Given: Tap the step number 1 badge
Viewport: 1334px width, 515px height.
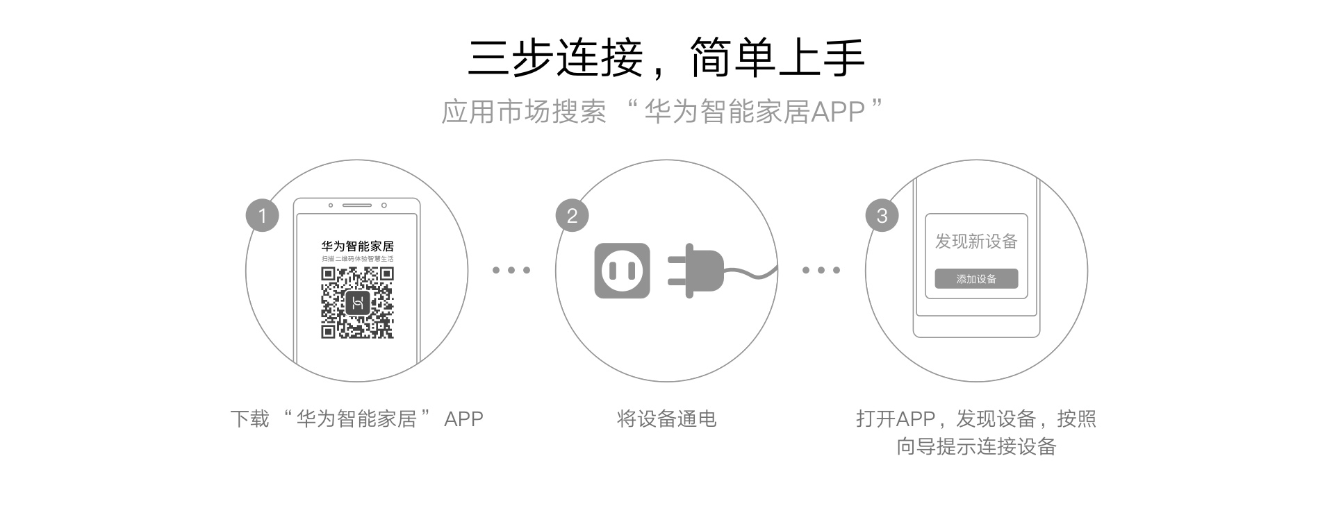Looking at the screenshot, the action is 263,216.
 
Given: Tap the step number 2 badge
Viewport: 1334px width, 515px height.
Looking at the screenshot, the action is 572,216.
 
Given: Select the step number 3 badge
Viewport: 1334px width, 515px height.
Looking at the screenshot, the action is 882,216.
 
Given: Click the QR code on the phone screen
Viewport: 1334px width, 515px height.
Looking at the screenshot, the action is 357,303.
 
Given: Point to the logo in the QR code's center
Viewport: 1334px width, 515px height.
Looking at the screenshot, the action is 357,303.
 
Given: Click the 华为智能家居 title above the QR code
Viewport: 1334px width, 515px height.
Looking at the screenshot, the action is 357,246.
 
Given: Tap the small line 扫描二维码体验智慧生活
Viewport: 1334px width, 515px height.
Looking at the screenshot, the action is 357,259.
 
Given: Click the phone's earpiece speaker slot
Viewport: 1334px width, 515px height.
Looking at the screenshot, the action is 356,205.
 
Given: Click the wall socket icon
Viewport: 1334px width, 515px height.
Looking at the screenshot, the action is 622,271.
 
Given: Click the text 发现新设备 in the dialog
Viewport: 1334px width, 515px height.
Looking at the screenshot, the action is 976,242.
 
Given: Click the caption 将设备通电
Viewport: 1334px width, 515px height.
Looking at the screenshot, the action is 666,419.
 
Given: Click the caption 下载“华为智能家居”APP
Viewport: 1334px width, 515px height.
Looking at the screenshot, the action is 356,419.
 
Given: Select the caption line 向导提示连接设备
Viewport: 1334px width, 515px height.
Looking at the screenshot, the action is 976,446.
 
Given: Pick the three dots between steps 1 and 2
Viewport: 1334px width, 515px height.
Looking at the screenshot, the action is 511,270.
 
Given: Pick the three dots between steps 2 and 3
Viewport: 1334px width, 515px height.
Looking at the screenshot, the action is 821,270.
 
